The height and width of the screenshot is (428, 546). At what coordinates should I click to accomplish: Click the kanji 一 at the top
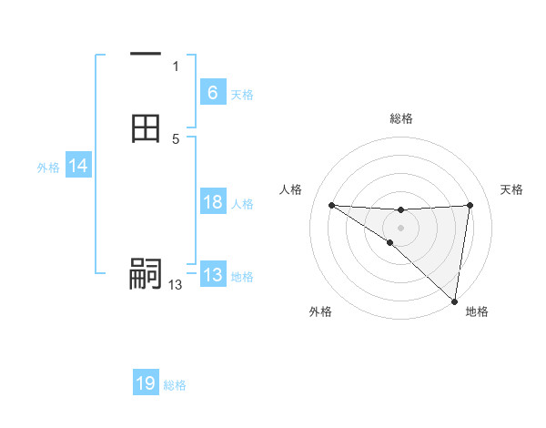(x=146, y=55)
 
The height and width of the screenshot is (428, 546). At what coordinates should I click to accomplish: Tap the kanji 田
(x=146, y=128)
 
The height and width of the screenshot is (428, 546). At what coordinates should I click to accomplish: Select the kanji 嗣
(x=146, y=274)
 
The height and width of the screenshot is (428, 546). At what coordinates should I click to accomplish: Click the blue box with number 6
(x=212, y=93)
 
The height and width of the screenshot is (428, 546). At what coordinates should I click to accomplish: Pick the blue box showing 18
(x=212, y=202)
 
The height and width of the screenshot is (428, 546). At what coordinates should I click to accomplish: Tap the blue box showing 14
(x=77, y=166)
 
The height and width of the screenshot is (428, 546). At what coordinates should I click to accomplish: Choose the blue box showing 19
(x=146, y=383)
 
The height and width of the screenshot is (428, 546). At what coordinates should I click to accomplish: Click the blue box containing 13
(x=212, y=275)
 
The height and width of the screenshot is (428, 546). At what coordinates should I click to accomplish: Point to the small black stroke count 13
(x=175, y=285)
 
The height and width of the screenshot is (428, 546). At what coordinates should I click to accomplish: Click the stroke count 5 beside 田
(x=176, y=139)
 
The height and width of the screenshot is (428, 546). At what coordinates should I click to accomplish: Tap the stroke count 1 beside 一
(x=176, y=66)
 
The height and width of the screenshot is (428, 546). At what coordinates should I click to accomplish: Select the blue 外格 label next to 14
(x=48, y=168)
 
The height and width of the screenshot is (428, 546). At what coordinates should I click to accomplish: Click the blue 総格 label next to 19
(x=175, y=385)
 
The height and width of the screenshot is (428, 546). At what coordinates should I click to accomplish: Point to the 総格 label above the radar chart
(x=401, y=118)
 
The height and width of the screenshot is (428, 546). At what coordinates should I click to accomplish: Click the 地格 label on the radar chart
(x=477, y=311)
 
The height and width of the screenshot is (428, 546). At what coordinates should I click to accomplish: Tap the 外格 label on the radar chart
(x=320, y=311)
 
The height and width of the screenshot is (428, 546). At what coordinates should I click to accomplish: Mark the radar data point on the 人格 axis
(x=331, y=205)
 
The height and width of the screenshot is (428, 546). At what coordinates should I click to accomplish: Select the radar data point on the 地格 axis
(x=455, y=301)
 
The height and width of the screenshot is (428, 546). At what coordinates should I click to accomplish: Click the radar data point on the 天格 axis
(x=470, y=205)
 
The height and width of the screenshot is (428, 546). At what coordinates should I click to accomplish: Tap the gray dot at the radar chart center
(x=400, y=228)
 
